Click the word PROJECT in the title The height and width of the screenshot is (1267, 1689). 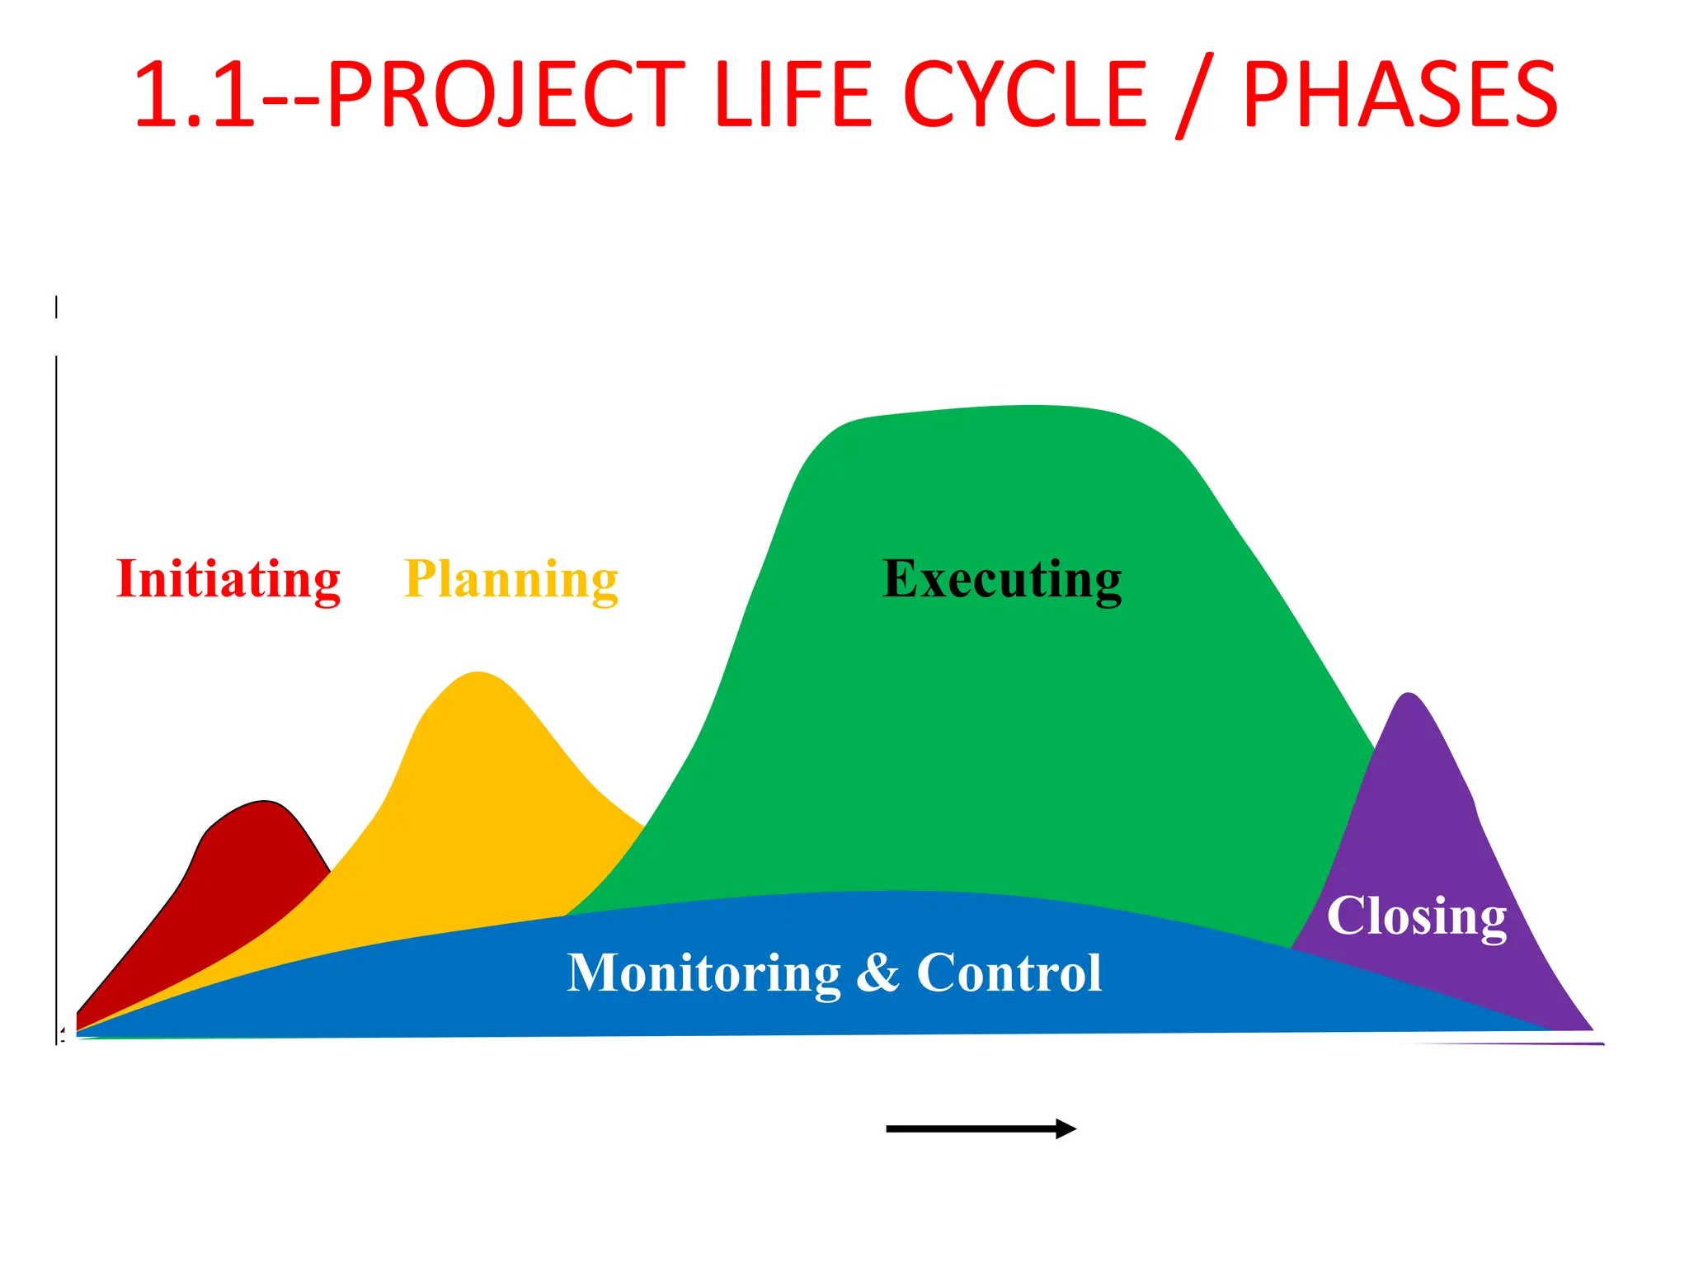[x=505, y=96]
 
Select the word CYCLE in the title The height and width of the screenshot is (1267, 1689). [x=1025, y=96]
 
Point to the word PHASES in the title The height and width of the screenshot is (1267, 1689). [x=1400, y=96]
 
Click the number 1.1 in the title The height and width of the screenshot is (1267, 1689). [x=195, y=96]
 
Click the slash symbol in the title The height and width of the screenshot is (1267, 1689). [x=1193, y=96]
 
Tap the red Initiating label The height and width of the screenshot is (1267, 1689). [x=228, y=579]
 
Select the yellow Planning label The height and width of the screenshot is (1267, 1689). [x=510, y=579]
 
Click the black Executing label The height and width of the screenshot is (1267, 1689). [x=1001, y=579]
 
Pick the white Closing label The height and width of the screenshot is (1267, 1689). [x=1416, y=916]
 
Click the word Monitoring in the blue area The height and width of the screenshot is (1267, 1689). [x=703, y=973]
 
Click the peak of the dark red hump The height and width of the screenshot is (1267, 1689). [x=264, y=803]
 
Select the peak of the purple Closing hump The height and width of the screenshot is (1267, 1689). [x=1409, y=695]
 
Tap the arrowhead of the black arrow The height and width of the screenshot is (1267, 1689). [x=1067, y=1128]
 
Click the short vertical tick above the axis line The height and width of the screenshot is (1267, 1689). [x=56, y=307]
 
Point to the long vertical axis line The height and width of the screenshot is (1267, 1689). [x=56, y=701]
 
